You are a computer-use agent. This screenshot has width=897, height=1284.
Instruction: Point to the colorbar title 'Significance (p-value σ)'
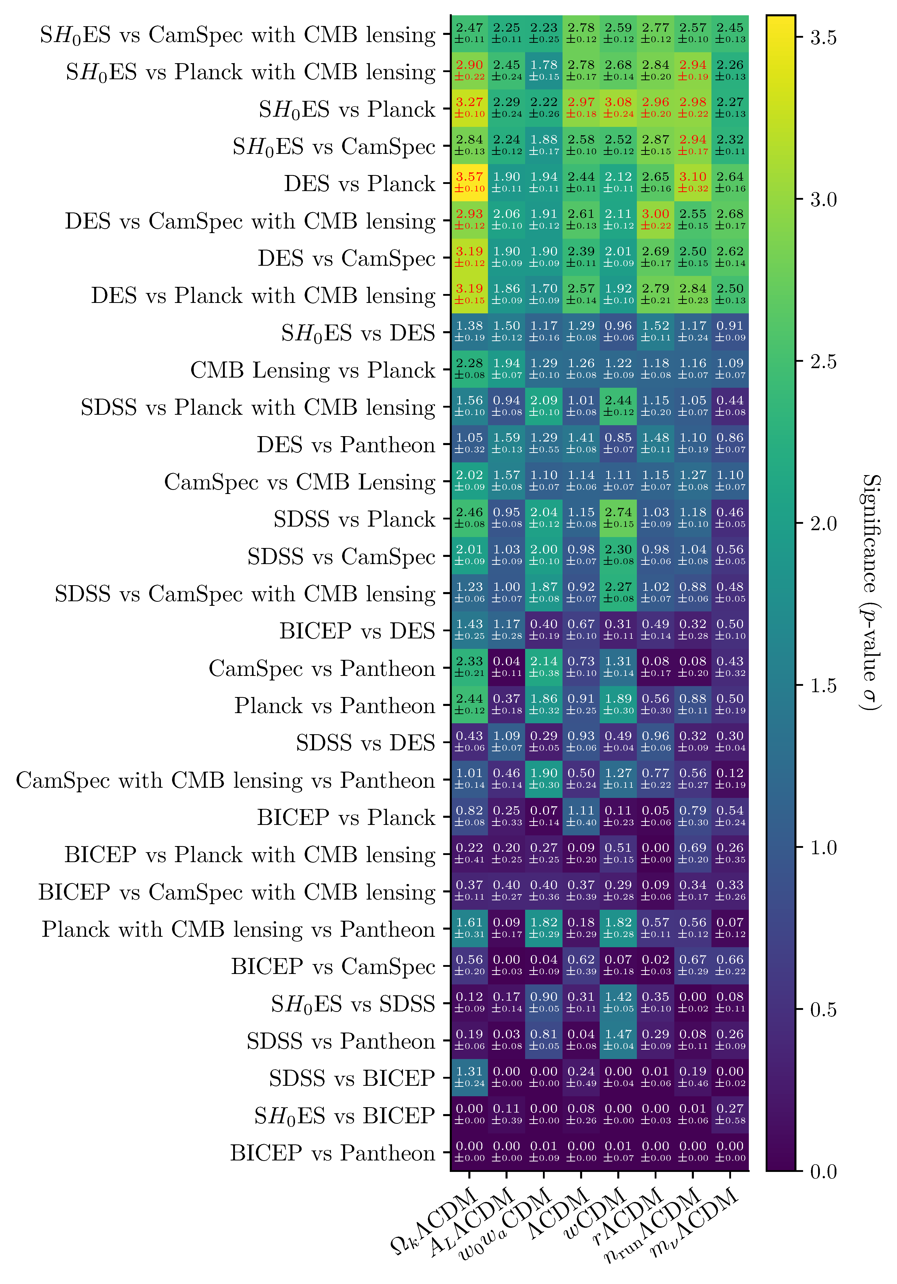(871, 593)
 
